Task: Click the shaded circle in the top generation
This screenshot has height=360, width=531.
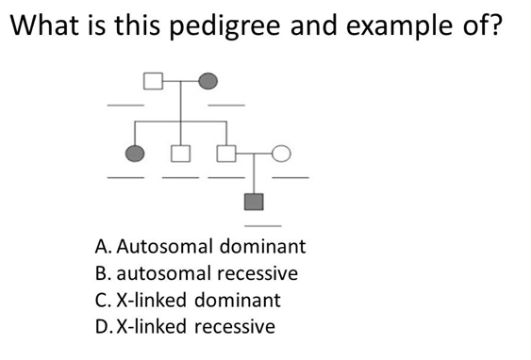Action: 209,80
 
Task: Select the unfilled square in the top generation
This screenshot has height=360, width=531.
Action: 154,80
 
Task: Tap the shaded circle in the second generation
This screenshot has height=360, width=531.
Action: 136,153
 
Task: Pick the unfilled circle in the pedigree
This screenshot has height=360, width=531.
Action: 281,152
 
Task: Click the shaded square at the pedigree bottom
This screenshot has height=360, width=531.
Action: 254,200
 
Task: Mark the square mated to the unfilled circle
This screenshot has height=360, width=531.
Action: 225,153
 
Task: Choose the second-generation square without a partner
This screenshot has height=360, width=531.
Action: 182,153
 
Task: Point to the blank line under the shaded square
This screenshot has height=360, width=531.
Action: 264,225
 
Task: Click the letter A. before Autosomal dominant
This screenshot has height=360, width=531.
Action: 105,247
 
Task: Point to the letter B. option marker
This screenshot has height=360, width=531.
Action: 104,273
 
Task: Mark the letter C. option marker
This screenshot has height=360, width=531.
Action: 104,301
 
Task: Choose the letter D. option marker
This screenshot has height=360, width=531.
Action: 105,327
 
